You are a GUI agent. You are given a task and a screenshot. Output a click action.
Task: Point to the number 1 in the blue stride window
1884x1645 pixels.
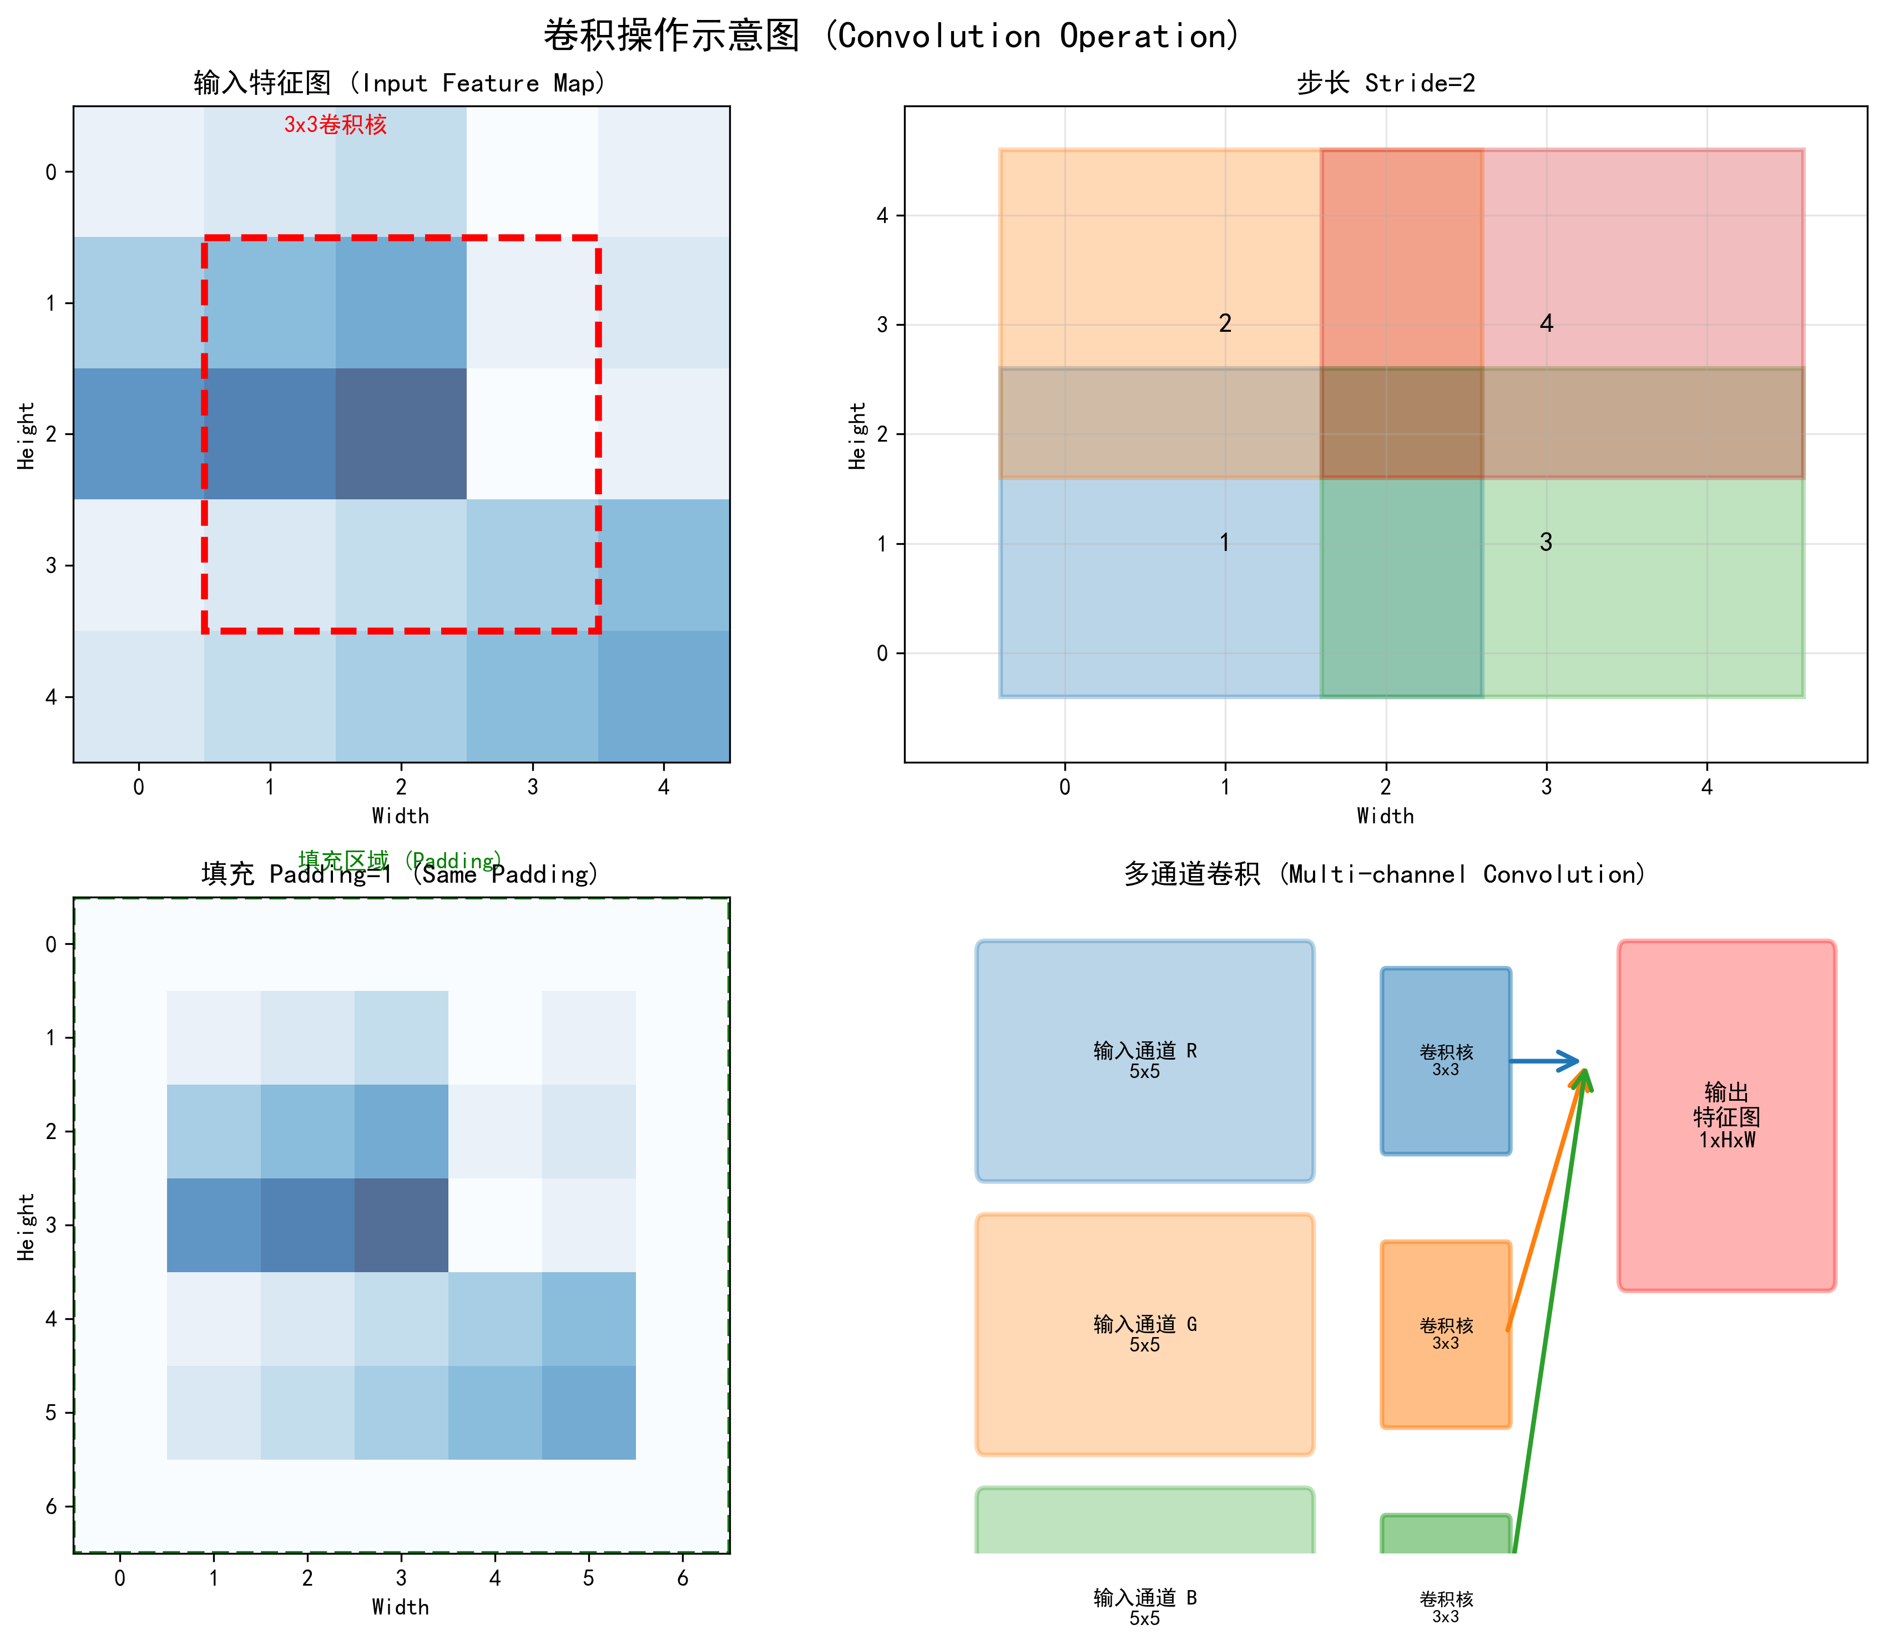pyautogui.click(x=1225, y=543)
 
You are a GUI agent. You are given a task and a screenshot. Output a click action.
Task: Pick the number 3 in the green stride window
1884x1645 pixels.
pyautogui.click(x=1546, y=543)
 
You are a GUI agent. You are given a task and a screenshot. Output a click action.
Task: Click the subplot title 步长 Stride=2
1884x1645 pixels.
pyautogui.click(x=1386, y=84)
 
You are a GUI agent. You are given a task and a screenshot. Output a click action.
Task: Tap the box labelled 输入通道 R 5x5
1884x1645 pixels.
pyautogui.click(x=1145, y=1060)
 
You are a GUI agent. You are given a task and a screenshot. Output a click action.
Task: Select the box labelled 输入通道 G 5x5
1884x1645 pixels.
pyautogui.click(x=1145, y=1334)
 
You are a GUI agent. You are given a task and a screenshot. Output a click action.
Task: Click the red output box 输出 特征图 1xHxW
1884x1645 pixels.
pyautogui.click(x=1726, y=1115)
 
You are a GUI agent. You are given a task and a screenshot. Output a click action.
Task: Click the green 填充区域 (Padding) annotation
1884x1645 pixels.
pyautogui.click(x=400, y=859)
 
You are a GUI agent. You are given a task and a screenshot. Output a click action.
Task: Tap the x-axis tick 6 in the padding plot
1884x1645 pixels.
pyautogui.click(x=682, y=1578)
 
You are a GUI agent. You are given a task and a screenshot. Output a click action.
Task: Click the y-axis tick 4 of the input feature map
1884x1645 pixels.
pyautogui.click(x=50, y=697)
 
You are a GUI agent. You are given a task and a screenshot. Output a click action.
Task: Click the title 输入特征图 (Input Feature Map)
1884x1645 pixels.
pyautogui.click(x=400, y=84)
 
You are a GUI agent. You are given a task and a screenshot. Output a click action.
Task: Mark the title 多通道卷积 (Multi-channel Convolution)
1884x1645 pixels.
pyautogui.click(x=1386, y=874)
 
